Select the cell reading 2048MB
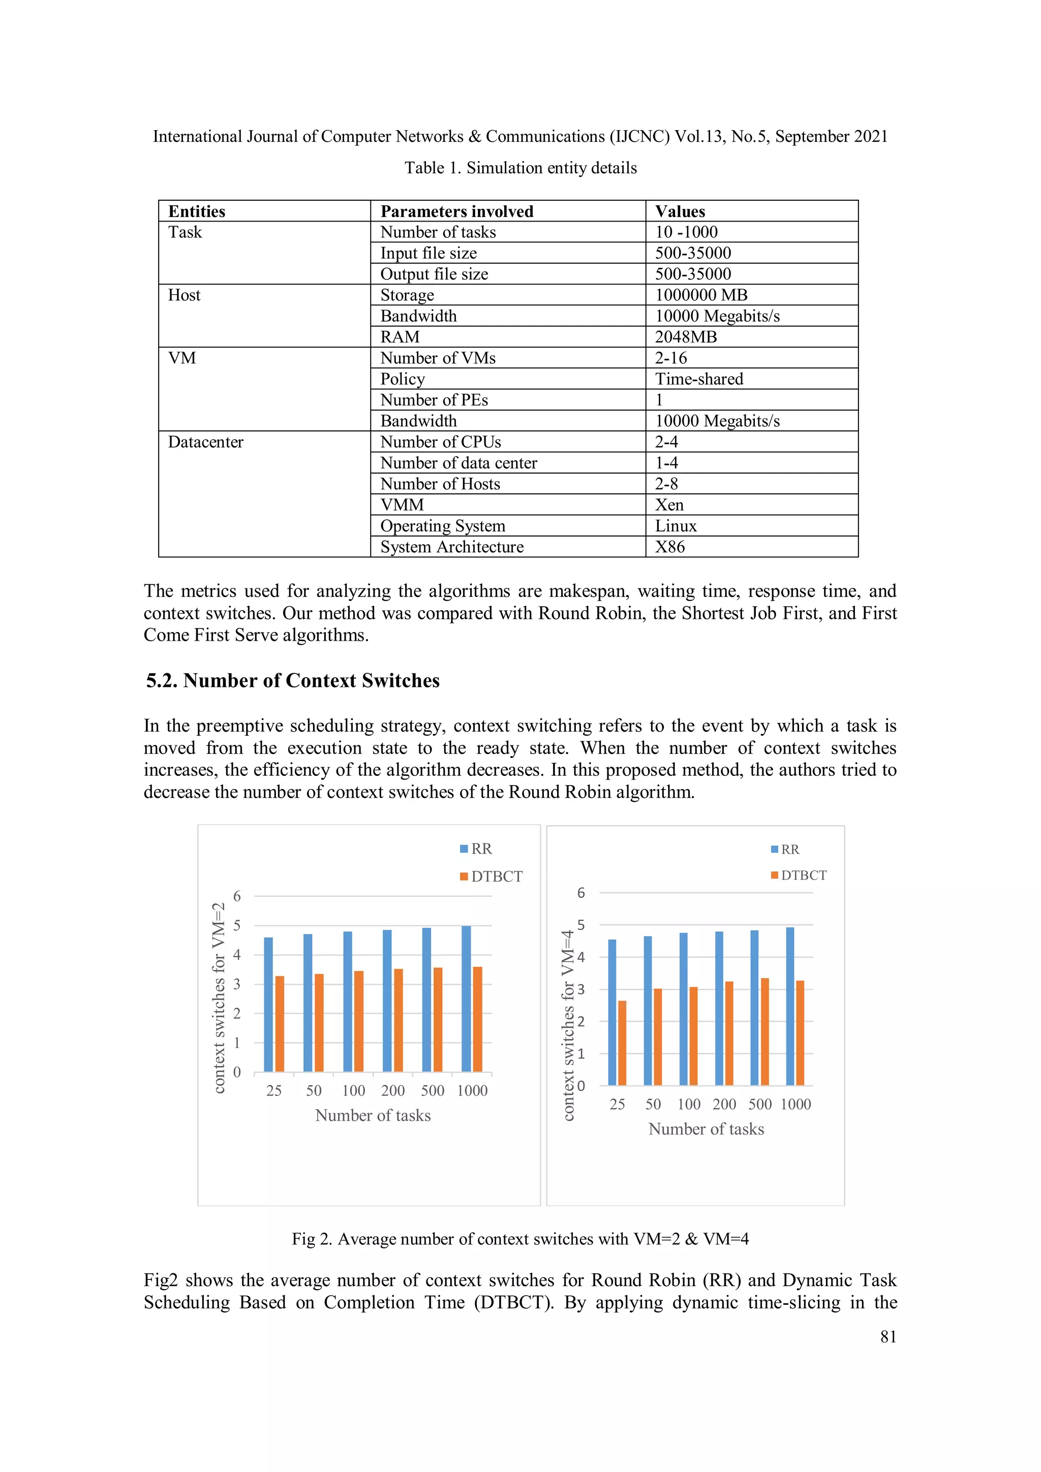[x=685, y=337]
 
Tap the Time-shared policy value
[x=698, y=379]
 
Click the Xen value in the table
[x=669, y=505]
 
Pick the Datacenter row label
[x=205, y=443]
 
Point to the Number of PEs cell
[x=434, y=400]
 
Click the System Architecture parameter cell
[x=451, y=547]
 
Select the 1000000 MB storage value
[x=700, y=295]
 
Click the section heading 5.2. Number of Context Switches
[x=292, y=680]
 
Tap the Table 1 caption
[x=520, y=168]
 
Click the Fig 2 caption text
[x=519, y=1239]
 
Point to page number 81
[x=887, y=1337]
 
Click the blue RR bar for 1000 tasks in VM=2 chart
[x=466, y=999]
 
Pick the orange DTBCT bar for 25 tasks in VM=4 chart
[x=622, y=1043]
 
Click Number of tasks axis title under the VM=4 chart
[x=706, y=1129]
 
